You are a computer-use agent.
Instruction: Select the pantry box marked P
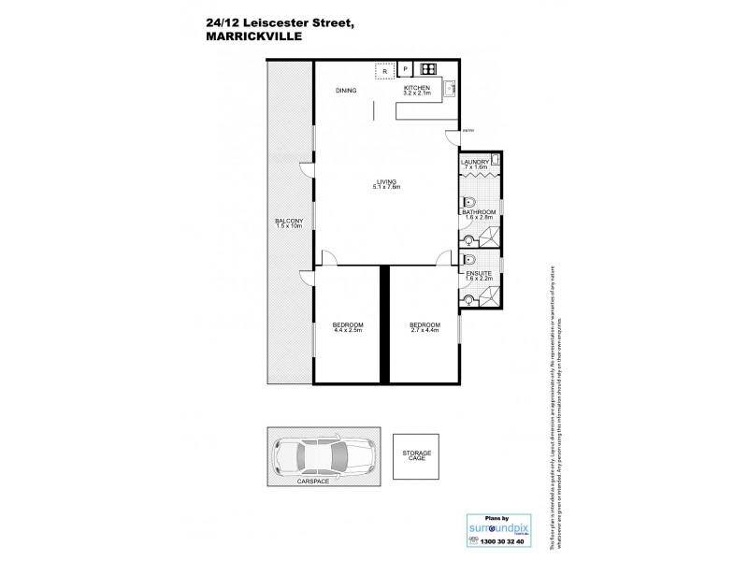coord(406,69)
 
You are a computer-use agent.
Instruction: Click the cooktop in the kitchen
coord(429,69)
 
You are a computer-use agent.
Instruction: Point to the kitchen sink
coord(449,90)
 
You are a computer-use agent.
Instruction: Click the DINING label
coord(348,90)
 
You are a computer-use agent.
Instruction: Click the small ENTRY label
coord(467,130)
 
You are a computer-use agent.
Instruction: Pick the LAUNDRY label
coord(475,162)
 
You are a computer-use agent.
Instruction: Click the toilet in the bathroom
coord(469,203)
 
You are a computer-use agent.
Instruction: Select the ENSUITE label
coord(477,272)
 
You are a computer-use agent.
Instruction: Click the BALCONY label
coord(289,222)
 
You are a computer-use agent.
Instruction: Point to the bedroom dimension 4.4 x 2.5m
coord(347,329)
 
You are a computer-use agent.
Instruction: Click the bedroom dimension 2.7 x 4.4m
coord(424,329)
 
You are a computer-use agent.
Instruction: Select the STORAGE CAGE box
coord(416,455)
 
